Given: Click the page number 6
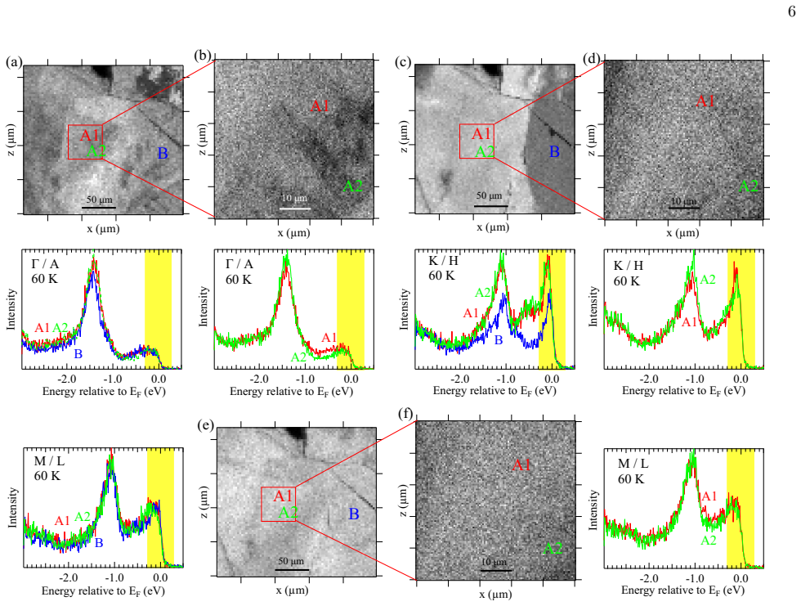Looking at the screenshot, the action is [x=791, y=11].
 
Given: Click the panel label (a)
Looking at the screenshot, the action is [x=14, y=62].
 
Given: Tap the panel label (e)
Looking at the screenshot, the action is [x=205, y=425].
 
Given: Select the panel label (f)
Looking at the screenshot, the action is [x=406, y=413].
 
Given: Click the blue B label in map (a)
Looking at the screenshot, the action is [x=163, y=153].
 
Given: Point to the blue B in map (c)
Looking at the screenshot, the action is [x=554, y=152].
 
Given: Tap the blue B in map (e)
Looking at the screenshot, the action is [x=353, y=514].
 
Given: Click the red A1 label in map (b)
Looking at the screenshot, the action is [x=320, y=105].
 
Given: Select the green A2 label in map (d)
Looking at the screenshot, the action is [x=749, y=186].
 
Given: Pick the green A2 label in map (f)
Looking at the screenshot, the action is [x=553, y=549].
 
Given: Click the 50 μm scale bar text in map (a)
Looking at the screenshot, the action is [x=99, y=200].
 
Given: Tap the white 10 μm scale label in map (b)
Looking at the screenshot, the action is [x=294, y=198].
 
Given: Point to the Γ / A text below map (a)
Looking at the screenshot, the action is [x=45, y=263].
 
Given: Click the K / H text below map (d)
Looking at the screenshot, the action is [x=628, y=265].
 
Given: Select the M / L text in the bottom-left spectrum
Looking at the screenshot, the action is [x=49, y=461].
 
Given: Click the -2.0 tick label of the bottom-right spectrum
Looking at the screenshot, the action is [x=649, y=578].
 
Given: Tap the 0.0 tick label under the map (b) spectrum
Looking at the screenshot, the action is [x=351, y=379].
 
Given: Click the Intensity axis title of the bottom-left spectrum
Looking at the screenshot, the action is [x=12, y=507].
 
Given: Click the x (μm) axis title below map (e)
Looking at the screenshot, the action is [x=293, y=590].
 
